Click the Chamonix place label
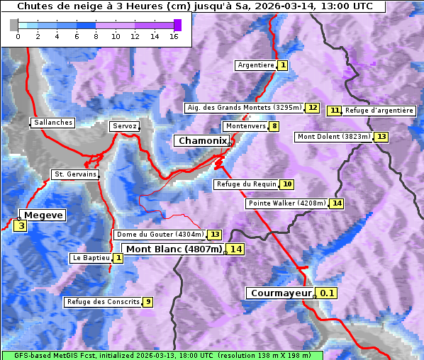click(x=202, y=141)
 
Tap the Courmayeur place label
click(x=281, y=293)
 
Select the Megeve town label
click(x=43, y=215)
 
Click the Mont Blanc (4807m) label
click(x=174, y=249)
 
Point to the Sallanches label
click(x=53, y=123)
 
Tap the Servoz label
click(x=124, y=126)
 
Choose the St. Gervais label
click(x=75, y=174)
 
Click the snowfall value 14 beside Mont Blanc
click(x=235, y=249)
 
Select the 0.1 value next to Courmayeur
click(x=327, y=293)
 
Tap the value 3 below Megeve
click(x=21, y=226)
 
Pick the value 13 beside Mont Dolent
click(x=381, y=137)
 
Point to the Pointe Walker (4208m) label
click(x=287, y=203)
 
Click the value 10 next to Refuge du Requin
click(x=286, y=184)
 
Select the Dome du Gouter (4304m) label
click(x=160, y=235)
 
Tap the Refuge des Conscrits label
click(x=103, y=302)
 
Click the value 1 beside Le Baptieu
click(x=118, y=258)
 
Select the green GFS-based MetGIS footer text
click(x=161, y=355)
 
